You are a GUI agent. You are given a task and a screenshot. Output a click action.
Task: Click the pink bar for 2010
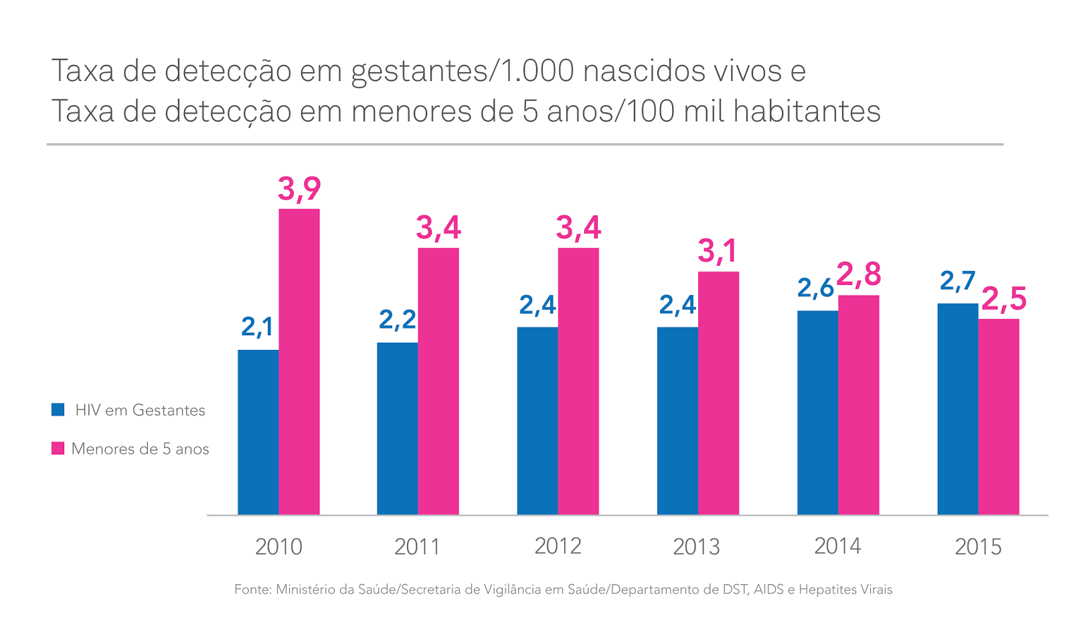[x=299, y=361]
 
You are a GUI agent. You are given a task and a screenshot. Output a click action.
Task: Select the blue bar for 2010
[x=258, y=432]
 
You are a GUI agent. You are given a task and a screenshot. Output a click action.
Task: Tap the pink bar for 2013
[x=718, y=393]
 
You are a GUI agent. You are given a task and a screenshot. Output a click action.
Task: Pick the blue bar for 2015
[x=957, y=409]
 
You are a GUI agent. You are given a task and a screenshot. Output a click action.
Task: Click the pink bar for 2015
[x=999, y=416]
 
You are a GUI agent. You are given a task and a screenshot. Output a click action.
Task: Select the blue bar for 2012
[x=537, y=420]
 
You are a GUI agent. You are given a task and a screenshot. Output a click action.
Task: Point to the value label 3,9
[x=299, y=189]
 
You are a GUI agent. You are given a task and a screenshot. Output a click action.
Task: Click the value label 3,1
[x=717, y=252]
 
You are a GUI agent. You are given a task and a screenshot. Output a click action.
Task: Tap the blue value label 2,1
[x=257, y=327]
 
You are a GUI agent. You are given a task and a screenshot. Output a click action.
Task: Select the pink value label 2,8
[x=859, y=274]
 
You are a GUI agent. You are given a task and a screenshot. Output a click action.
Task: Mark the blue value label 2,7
[x=957, y=281]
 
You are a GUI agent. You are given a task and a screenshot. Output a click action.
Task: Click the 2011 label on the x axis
[x=417, y=547]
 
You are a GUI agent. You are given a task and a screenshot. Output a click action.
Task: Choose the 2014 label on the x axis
[x=837, y=546]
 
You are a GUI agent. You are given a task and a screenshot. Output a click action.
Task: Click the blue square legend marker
[x=58, y=410]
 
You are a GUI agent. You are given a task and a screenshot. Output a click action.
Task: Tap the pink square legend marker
[x=58, y=448]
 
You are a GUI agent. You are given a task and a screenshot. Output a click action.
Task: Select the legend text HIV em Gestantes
[x=140, y=410]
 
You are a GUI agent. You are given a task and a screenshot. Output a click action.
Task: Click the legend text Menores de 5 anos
[x=140, y=449]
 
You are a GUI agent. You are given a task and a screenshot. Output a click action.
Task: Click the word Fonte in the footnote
[x=252, y=590]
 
